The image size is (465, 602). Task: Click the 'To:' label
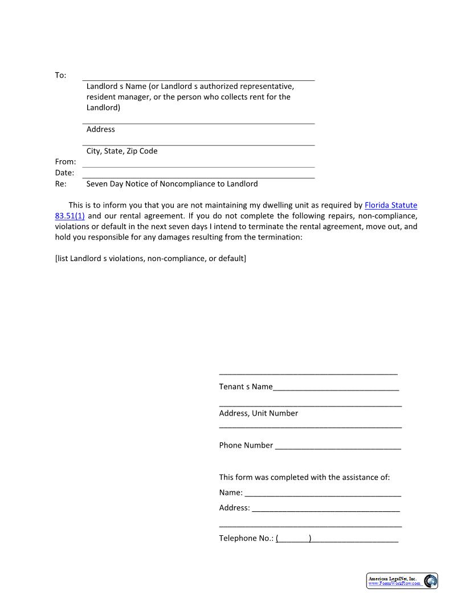coord(60,75)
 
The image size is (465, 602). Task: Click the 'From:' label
coord(65,162)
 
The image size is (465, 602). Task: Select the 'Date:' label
coord(64,173)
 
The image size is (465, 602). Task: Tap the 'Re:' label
coord(60,184)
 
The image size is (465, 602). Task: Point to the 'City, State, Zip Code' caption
coord(122,151)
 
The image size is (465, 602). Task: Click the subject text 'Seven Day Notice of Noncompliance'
coord(172,184)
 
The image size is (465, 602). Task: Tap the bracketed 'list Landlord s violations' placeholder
coord(150,259)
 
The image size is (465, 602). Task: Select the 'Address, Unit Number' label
coord(258,413)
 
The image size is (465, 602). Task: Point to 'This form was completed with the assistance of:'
coord(304,477)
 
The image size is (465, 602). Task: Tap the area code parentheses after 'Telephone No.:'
coord(293,538)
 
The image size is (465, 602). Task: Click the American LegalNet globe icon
coord(430,581)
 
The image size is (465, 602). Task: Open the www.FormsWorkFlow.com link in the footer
coord(395,584)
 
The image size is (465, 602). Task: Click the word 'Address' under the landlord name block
coord(101,129)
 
